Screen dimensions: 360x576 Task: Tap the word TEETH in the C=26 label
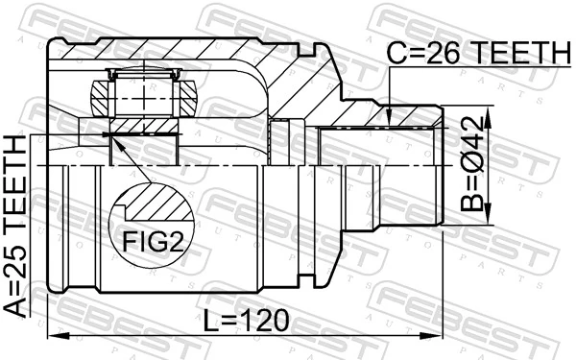pyautogui.click(x=514, y=55)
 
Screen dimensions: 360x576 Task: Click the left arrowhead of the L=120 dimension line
pyautogui.click(x=54, y=335)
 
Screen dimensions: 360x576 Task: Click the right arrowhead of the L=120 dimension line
pyautogui.click(x=437, y=335)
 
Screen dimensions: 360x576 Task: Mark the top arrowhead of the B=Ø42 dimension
pyautogui.click(x=489, y=118)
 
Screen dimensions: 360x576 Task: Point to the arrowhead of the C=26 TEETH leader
pyautogui.click(x=389, y=121)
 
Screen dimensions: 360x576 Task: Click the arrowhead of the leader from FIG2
pyautogui.click(x=114, y=143)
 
